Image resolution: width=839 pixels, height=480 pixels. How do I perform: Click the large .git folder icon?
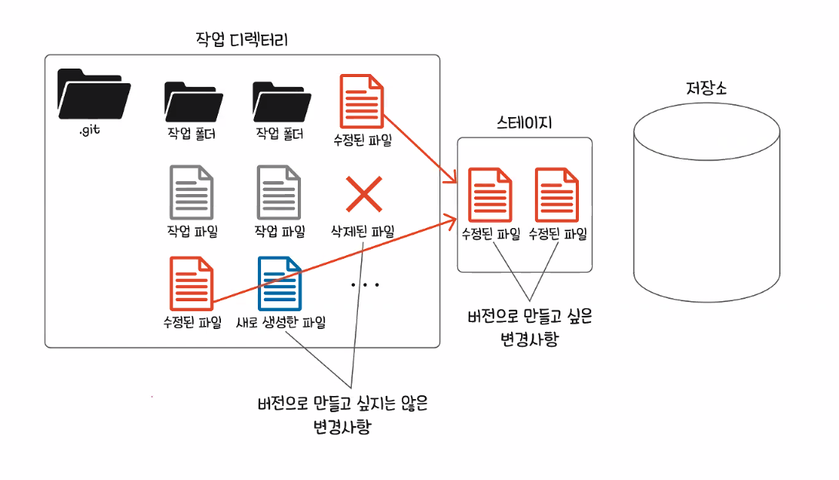click(x=93, y=93)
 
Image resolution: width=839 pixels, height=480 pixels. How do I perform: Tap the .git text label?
click(x=90, y=131)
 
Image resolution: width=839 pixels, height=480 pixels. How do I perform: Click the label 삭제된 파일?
click(x=363, y=230)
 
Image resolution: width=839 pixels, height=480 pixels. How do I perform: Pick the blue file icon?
click(x=279, y=284)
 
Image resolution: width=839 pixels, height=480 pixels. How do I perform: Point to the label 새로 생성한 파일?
click(x=281, y=321)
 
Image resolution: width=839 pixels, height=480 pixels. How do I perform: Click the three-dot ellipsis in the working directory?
click(x=365, y=285)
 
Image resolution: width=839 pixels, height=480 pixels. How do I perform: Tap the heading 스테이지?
click(x=525, y=122)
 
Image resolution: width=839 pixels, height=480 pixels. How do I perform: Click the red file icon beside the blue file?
click(x=191, y=284)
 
